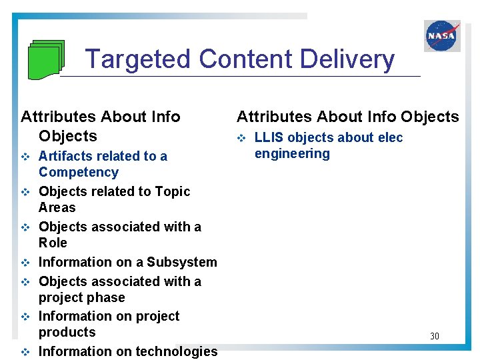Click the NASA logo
point(442,36)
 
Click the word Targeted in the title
point(138,59)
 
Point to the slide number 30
point(434,336)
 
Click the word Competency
point(79,172)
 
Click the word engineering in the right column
point(292,154)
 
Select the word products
point(67,332)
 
